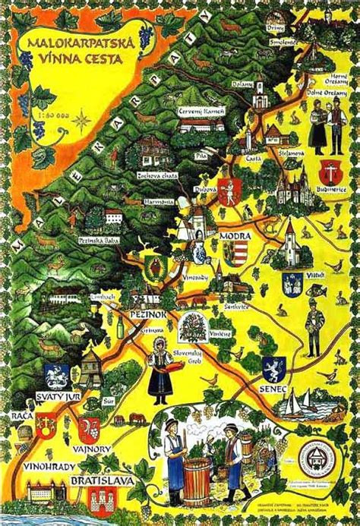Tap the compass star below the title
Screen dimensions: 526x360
coord(83,121)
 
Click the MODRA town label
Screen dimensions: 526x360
coord(232,236)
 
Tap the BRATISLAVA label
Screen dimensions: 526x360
coord(100,481)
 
